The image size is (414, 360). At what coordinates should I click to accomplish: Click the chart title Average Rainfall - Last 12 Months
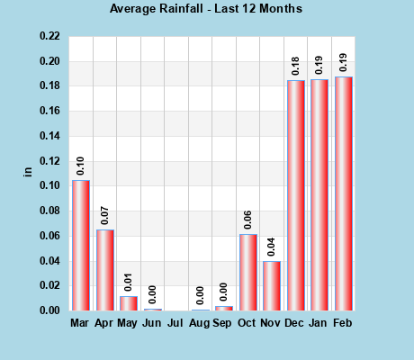pos(206,9)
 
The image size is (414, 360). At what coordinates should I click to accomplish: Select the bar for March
pos(81,246)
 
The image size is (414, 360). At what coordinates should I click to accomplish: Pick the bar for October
pos(248,273)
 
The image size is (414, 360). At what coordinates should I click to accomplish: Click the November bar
pos(272,286)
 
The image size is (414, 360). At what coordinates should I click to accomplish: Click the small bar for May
pos(129,303)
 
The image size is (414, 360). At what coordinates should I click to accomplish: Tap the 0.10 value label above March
pos(81,166)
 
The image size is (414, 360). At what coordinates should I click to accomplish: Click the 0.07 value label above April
pos(105,215)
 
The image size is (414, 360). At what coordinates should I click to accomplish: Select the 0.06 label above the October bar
pos(248,220)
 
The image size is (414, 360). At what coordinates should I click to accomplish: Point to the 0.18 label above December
pos(296,66)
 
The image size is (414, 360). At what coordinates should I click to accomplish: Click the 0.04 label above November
pos(272,247)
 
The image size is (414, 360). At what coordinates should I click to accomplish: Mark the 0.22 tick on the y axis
pos(50,37)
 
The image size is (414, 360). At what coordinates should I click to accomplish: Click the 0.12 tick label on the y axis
pos(50,161)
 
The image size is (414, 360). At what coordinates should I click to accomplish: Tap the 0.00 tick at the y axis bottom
pos(50,310)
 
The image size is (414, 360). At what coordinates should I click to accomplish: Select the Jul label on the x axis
pos(176,322)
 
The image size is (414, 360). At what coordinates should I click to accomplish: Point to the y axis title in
pos(27,172)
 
